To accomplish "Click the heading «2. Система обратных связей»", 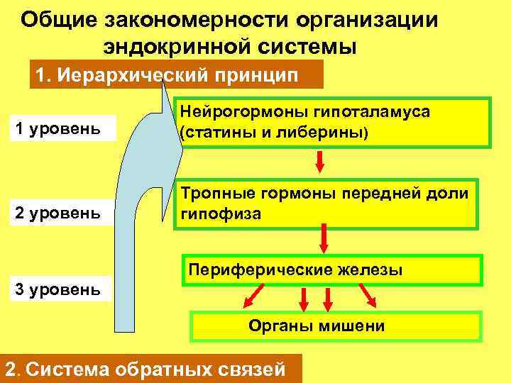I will pyautogui.click(x=145, y=370).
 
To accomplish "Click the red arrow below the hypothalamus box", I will pyautogui.click(x=320, y=161).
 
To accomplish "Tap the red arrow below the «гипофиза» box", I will pyautogui.click(x=324, y=238).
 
